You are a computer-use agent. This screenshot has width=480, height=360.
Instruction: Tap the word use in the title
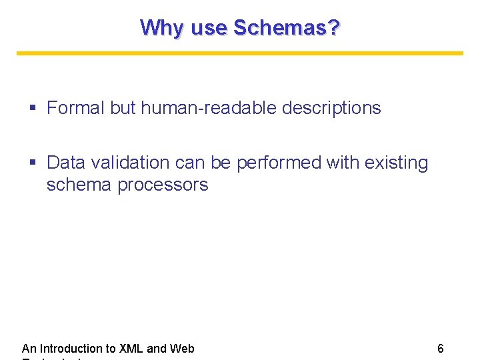click(x=209, y=28)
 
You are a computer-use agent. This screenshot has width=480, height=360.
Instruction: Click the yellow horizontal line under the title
click(x=240, y=53)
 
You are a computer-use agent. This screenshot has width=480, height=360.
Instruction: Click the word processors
click(x=163, y=185)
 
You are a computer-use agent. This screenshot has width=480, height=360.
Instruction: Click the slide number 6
click(x=441, y=348)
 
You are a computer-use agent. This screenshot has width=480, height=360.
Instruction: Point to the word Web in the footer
click(x=182, y=348)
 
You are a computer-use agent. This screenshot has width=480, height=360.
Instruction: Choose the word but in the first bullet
click(x=123, y=108)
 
